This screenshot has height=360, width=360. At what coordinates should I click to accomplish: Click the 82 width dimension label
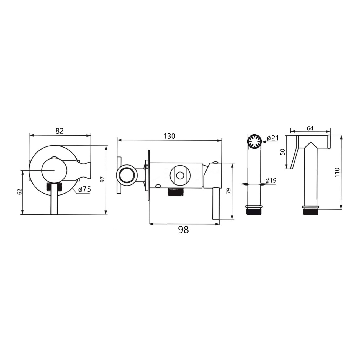[60, 131]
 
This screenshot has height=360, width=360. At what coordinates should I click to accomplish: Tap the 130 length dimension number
[169, 136]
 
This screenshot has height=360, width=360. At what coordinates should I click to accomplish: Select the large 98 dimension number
[183, 230]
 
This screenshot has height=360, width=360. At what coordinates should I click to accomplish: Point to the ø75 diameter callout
[85, 189]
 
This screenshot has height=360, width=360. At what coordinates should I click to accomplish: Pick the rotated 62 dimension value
[20, 192]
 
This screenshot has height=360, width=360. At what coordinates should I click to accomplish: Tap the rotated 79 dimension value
[228, 191]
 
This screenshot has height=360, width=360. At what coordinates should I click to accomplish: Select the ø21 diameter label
[272, 138]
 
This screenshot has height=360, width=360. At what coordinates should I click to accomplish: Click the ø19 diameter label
[271, 181]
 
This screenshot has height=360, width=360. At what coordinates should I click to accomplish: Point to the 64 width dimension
[310, 128]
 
